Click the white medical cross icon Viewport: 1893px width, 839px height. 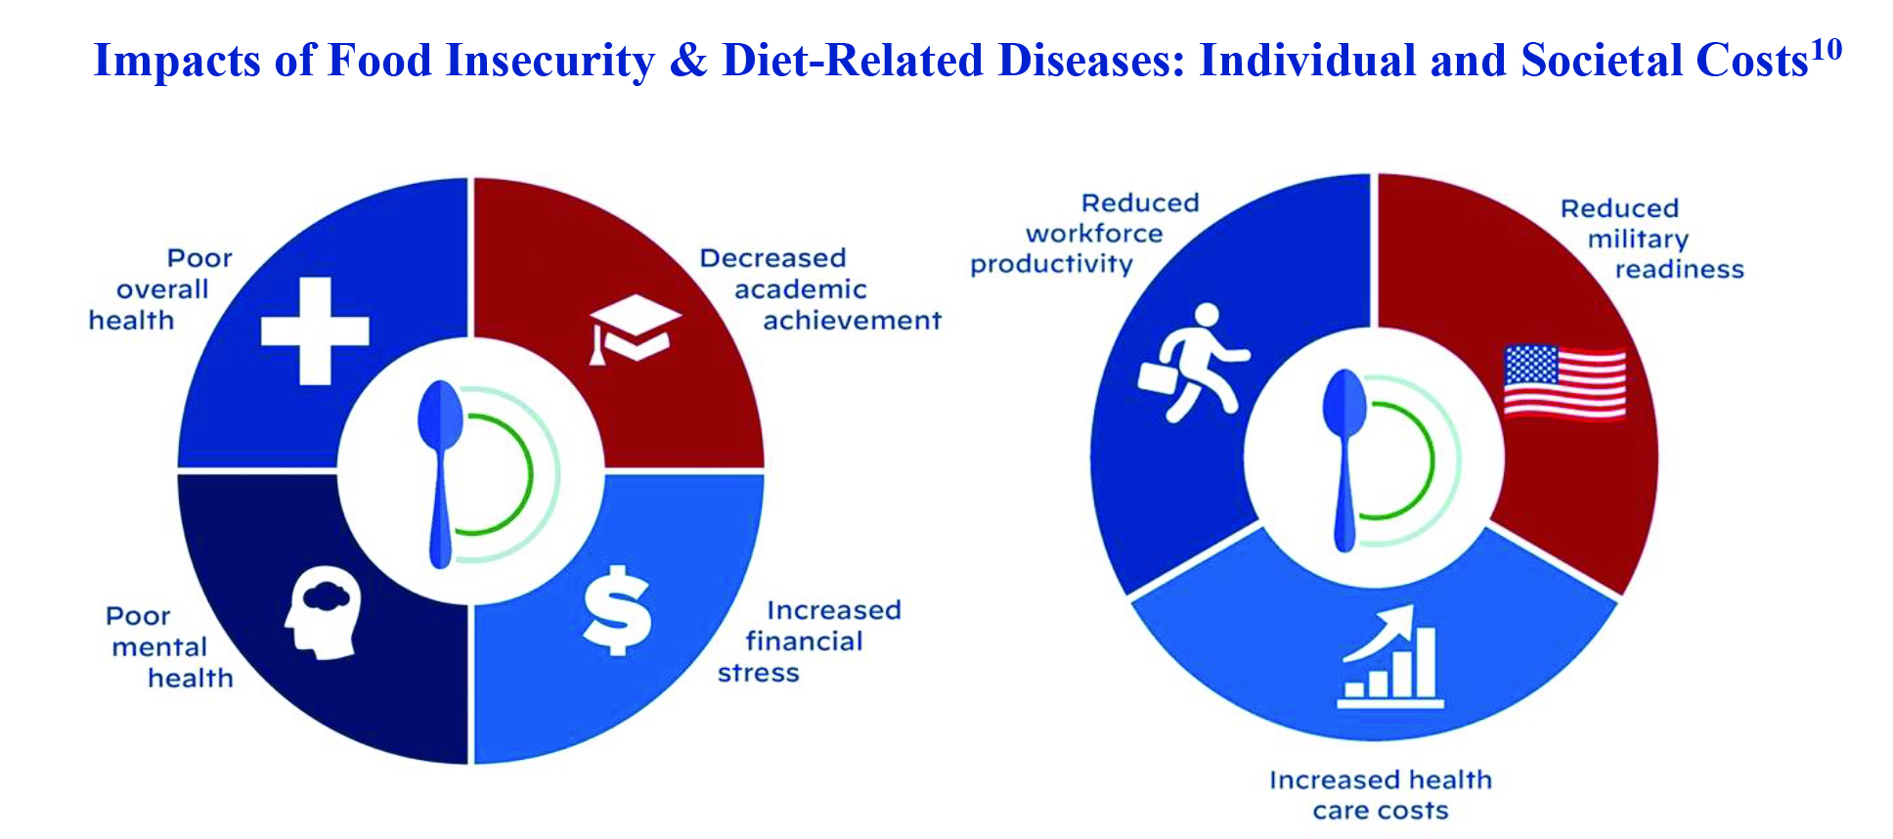point(315,331)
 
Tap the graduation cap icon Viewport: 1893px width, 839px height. point(634,330)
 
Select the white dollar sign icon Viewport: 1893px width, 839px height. point(617,609)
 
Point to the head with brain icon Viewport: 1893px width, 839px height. point(323,615)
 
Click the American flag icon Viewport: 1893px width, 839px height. point(1564,381)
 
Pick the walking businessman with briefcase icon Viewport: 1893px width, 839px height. point(1194,362)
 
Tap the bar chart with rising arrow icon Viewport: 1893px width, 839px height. point(1389,656)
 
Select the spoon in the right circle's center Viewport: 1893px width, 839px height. point(1344,460)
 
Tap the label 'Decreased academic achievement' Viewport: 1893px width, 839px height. point(820,289)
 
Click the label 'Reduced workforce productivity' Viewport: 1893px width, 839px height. point(1084,234)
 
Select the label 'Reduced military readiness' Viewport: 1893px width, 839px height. point(1652,239)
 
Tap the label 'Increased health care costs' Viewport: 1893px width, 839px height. point(1381,795)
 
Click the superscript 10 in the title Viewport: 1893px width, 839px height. point(1826,49)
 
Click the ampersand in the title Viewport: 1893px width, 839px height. point(688,61)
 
